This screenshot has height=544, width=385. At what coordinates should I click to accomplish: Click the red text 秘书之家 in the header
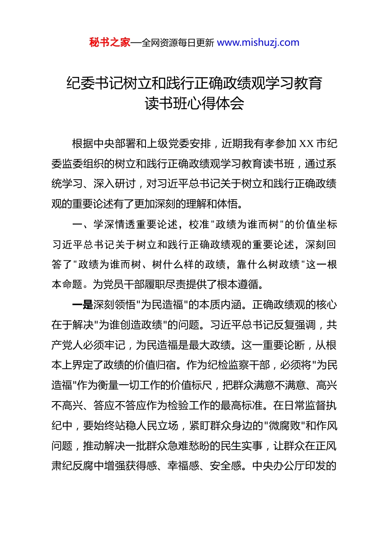coord(110,42)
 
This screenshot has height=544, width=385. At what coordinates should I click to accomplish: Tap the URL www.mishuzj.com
coord(258,42)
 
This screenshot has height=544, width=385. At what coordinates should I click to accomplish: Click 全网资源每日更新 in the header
coord(178,42)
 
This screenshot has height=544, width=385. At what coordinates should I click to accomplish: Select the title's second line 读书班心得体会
coord(194,104)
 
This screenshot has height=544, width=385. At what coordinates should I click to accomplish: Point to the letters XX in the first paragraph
coord(306,144)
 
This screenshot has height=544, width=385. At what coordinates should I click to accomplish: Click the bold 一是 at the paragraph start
coord(82,305)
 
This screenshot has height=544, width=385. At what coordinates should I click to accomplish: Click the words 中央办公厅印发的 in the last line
coord(294,466)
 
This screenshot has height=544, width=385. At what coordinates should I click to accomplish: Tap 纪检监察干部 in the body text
coord(239,365)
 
